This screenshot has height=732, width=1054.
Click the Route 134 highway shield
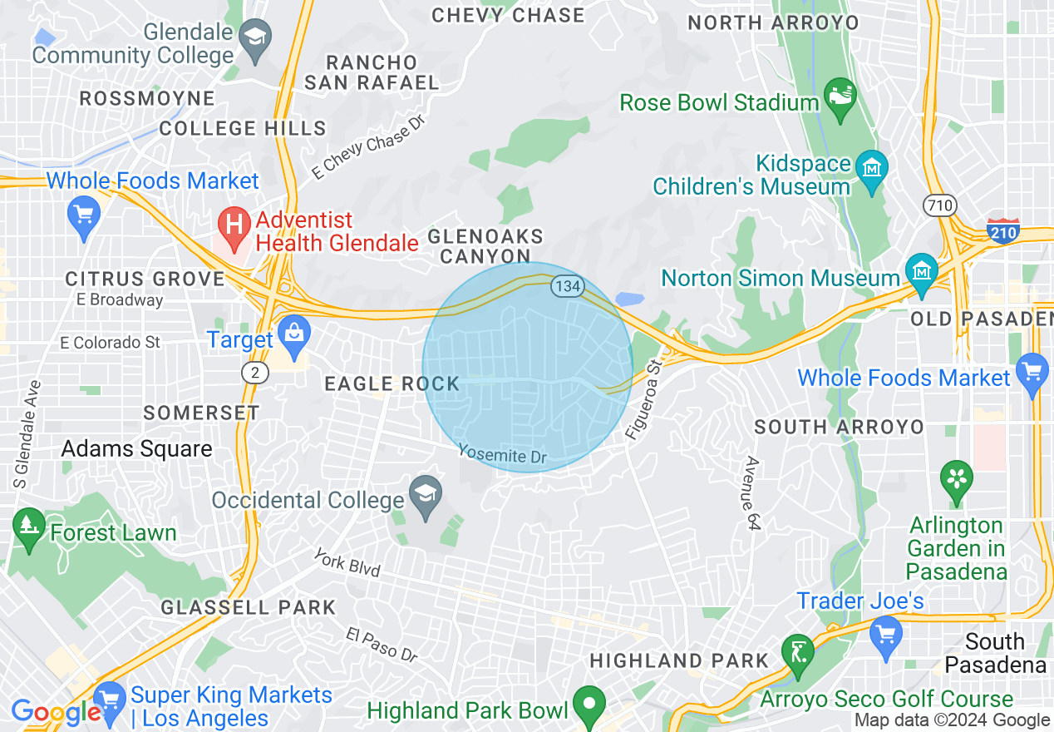[x=566, y=286]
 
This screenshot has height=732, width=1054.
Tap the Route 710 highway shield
[x=940, y=205]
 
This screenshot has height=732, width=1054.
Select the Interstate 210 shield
[x=1003, y=230]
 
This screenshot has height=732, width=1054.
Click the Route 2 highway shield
[x=255, y=372]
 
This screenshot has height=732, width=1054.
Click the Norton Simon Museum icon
[x=922, y=273]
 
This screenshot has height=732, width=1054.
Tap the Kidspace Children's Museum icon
[x=871, y=167]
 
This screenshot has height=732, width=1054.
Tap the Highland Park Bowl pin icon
[x=589, y=704]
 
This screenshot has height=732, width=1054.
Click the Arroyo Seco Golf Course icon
[x=799, y=651]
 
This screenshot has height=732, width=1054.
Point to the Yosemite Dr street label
[x=504, y=455]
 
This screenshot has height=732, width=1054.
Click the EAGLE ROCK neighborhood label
[x=392, y=383]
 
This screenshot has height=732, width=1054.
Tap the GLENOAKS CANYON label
[x=485, y=247]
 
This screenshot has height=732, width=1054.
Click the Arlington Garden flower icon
[x=956, y=479]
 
